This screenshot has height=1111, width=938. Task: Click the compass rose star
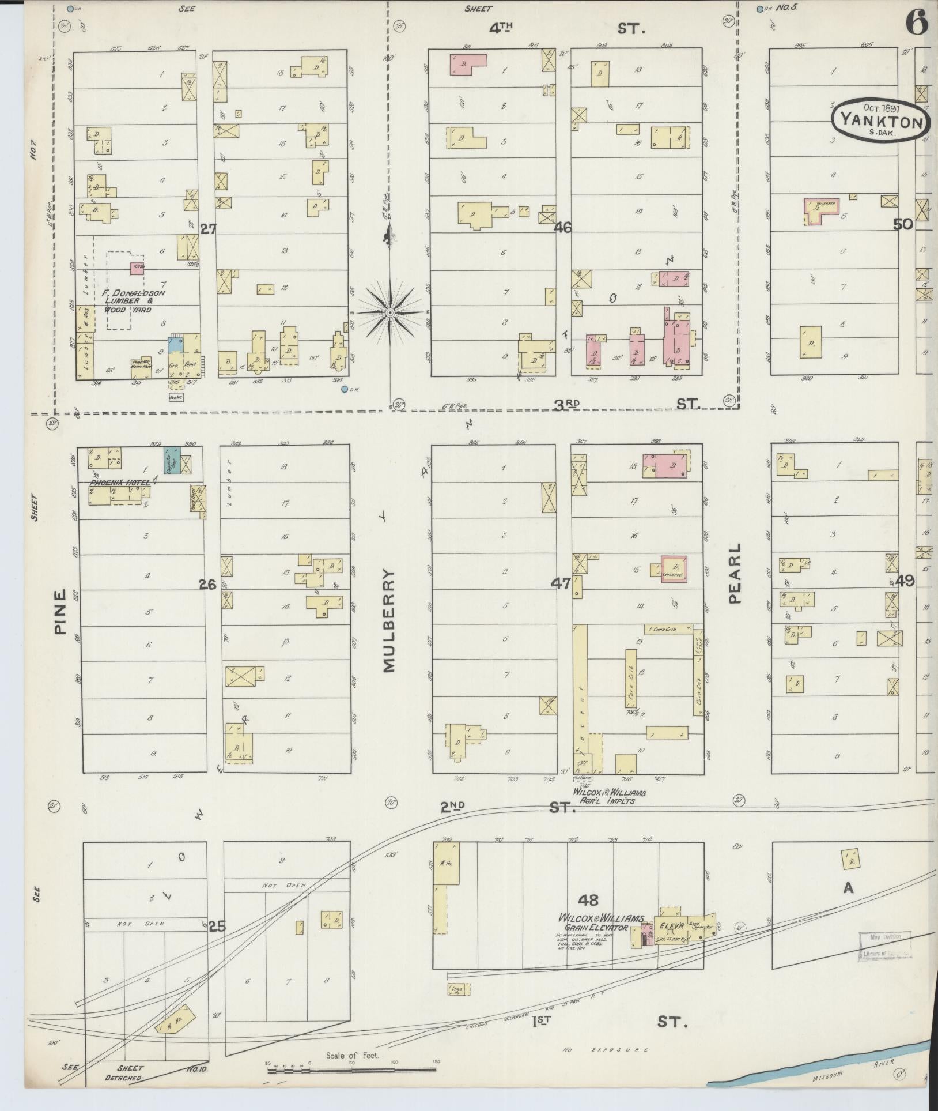389,312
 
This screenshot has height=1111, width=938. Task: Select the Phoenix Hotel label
119,481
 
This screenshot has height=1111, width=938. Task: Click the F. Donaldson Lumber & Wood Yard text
134,301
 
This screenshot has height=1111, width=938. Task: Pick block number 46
562,228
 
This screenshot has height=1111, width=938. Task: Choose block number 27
207,229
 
